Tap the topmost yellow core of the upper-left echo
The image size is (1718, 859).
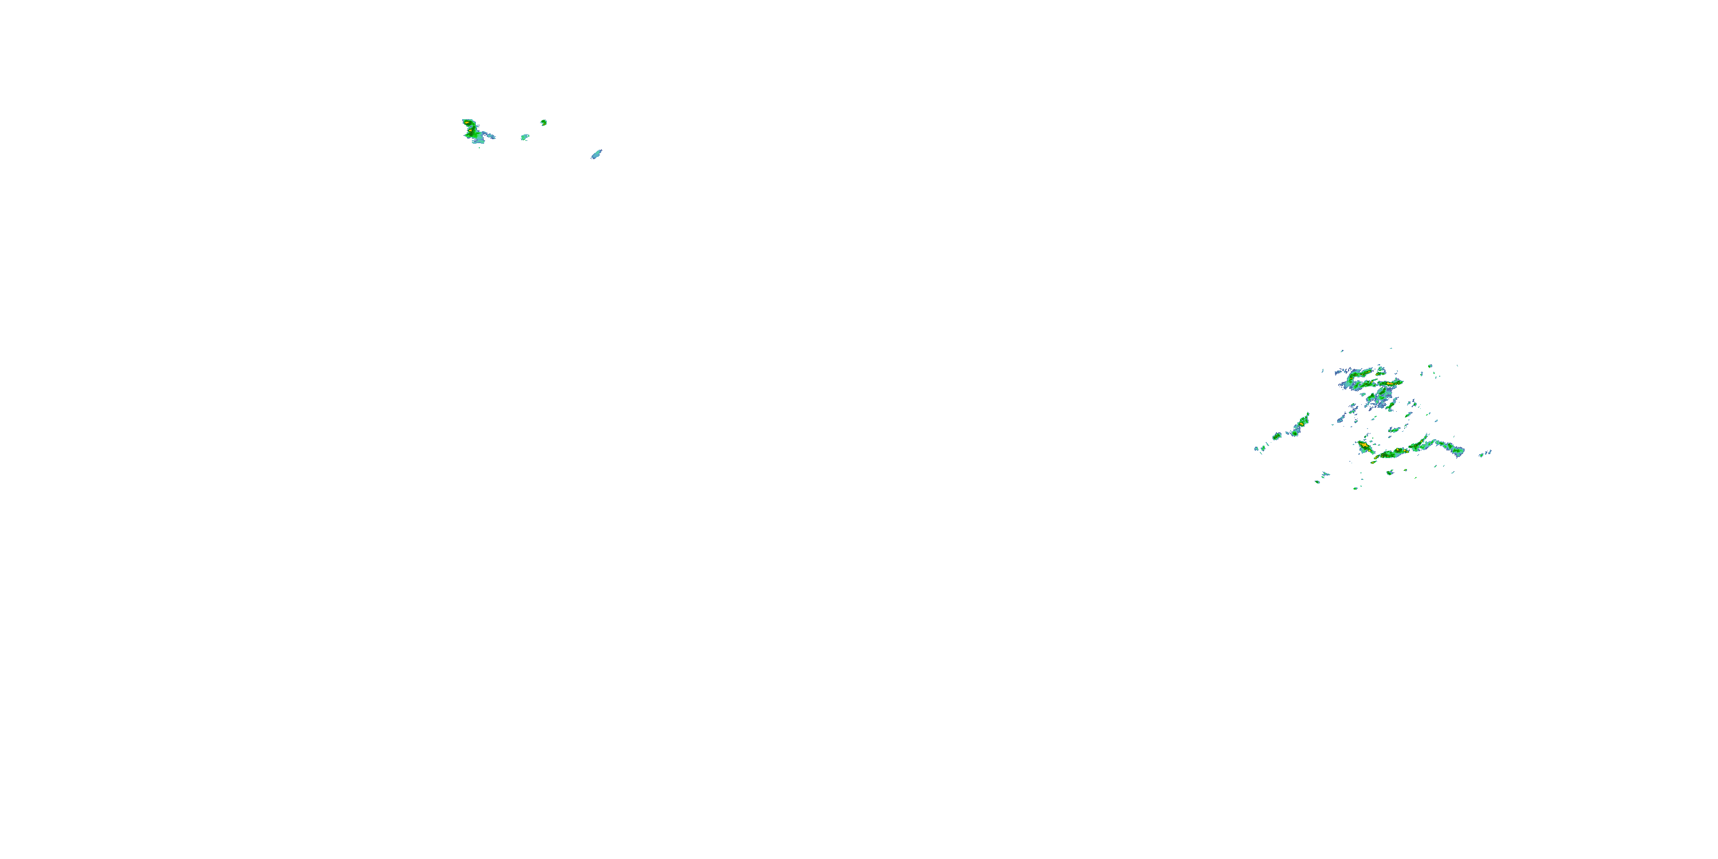pos(469,123)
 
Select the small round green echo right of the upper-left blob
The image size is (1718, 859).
pos(544,123)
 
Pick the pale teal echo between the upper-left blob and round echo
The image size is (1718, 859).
pos(525,137)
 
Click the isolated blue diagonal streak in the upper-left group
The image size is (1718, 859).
pos(596,155)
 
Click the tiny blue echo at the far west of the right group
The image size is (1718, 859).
pos(1256,448)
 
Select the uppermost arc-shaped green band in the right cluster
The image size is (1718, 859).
pos(1361,374)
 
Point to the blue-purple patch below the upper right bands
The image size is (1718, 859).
pos(1381,399)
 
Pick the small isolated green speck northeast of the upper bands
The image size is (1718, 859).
pos(1430,365)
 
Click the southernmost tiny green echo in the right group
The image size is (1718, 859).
pos(1355,488)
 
